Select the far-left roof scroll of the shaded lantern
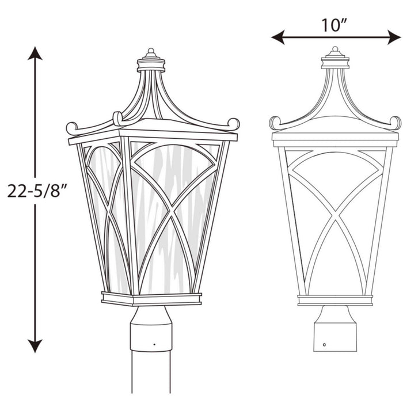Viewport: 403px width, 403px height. click(72, 127)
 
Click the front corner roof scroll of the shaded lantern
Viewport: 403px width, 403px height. click(117, 118)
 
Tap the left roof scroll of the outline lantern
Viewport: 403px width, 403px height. click(275, 123)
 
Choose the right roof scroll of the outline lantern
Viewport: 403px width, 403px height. click(395, 123)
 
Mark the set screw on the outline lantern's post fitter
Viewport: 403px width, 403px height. click(325, 344)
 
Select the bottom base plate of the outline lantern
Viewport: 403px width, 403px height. click(334, 300)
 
